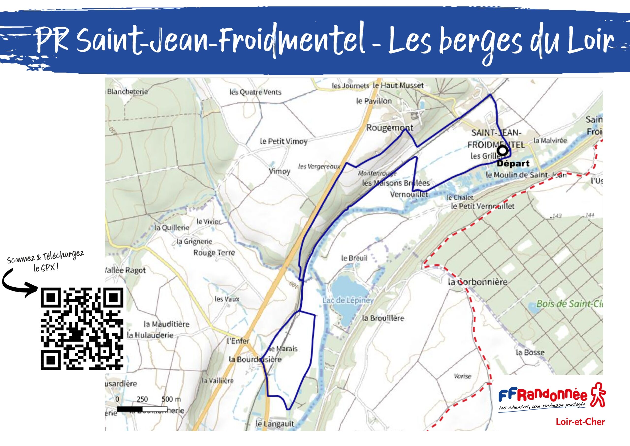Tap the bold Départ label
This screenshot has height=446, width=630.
click(x=513, y=164)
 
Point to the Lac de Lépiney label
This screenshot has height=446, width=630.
click(x=348, y=300)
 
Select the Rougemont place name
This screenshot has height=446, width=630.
click(x=390, y=128)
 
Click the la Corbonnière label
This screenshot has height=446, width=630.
click(x=477, y=282)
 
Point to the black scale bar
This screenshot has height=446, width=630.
click(x=142, y=409)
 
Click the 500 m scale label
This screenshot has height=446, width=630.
click(x=171, y=399)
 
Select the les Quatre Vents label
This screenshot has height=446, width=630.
click(x=255, y=92)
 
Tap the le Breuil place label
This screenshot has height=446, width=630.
click(x=354, y=258)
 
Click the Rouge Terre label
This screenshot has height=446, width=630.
click(x=214, y=253)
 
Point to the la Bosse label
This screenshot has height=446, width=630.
click(x=530, y=352)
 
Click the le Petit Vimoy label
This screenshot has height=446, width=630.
click(x=283, y=141)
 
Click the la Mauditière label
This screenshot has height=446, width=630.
click(x=167, y=324)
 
